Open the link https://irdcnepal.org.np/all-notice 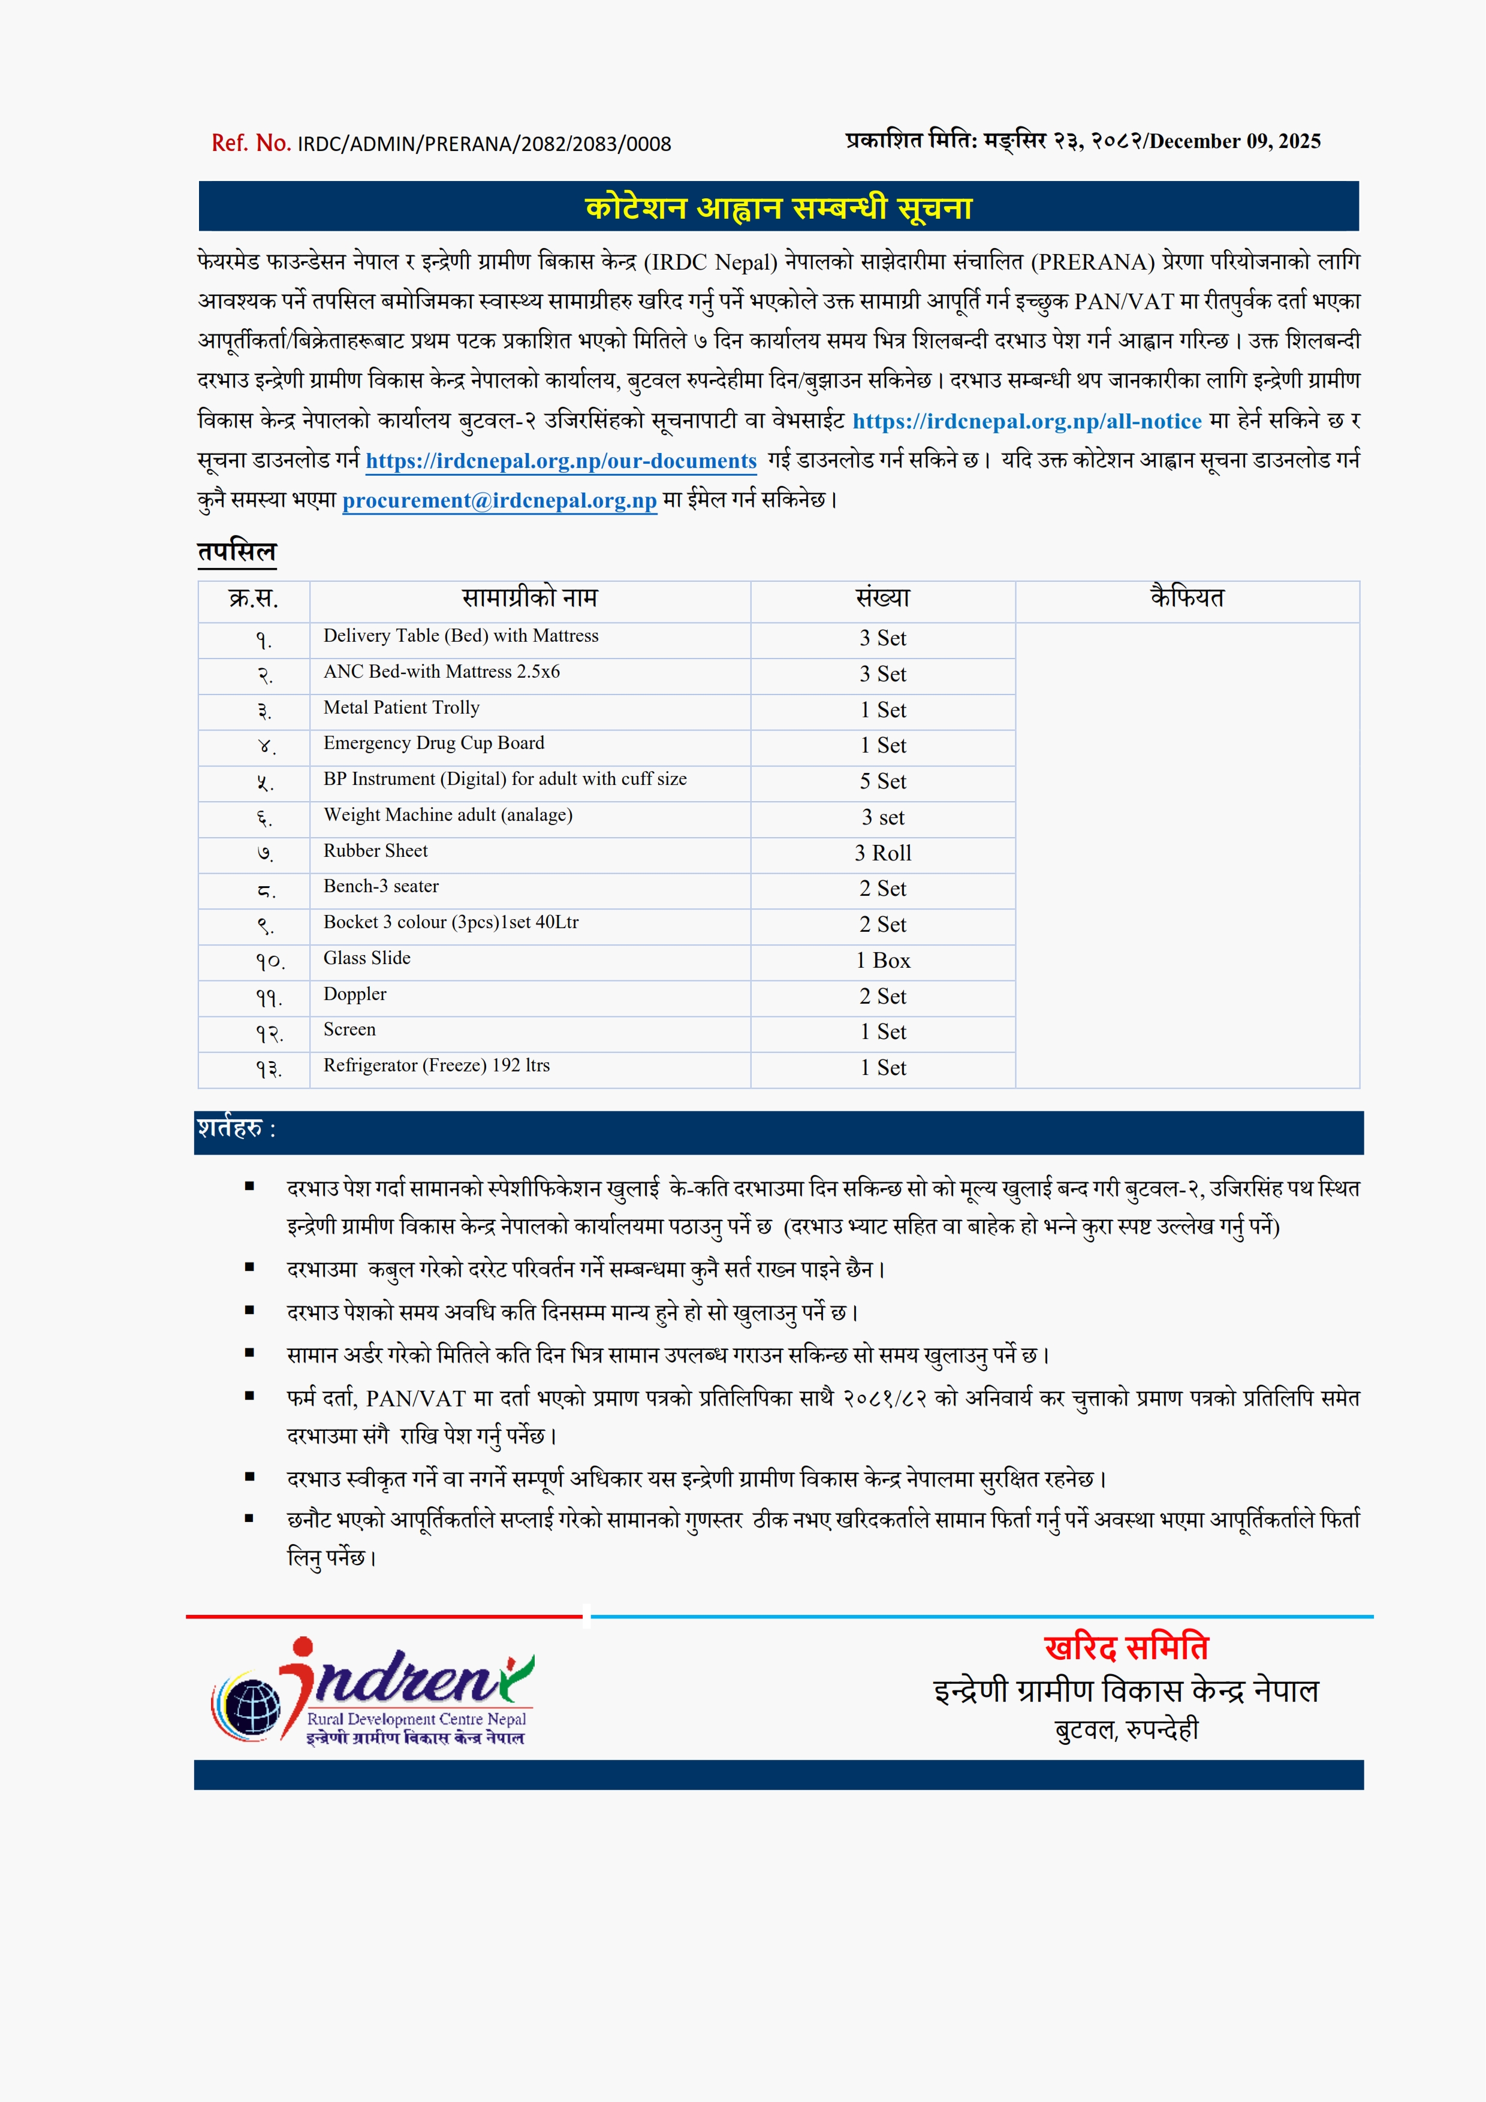pos(1026,421)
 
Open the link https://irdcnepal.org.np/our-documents pos(561,461)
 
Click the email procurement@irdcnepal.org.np pos(499,501)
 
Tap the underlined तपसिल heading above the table pos(236,551)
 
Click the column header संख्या pos(882,599)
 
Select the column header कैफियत pos(1187,599)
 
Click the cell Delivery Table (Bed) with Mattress pos(460,636)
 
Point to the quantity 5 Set pos(882,782)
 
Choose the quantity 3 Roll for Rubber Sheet pos(882,853)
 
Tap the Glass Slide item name pos(366,959)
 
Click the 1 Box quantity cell pos(882,961)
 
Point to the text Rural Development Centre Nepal pos(417,1719)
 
